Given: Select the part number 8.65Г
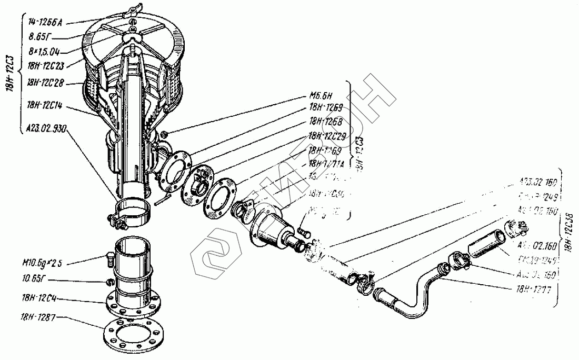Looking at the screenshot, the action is [x=39, y=37].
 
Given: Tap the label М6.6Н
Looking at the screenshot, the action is [x=320, y=97].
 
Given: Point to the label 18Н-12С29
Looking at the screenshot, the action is [x=327, y=136].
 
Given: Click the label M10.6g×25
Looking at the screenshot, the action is [x=46, y=263].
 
